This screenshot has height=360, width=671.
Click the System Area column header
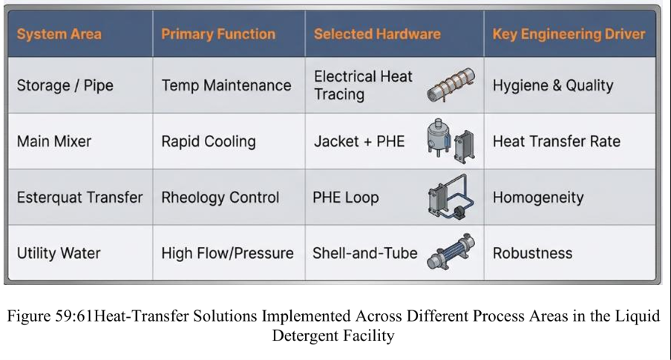[x=59, y=34]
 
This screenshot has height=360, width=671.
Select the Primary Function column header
[x=218, y=34]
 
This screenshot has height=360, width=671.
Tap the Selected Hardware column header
[x=377, y=34]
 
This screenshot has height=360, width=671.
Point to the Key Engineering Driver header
[x=569, y=34]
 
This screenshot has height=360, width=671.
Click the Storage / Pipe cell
[x=65, y=85]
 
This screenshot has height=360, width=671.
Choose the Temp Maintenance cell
[x=226, y=85]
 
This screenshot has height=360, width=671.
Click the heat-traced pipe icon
[x=451, y=85]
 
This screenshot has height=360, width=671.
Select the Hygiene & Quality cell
[x=553, y=85]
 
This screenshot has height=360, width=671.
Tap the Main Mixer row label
[x=54, y=142]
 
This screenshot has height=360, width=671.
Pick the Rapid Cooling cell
[x=209, y=142]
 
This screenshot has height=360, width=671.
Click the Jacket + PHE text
[x=359, y=142]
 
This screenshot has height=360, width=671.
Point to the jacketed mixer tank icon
[x=438, y=137]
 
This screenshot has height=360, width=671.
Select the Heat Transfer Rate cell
[x=556, y=142]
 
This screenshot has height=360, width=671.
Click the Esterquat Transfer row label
[x=79, y=197]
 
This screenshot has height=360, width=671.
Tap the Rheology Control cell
[x=220, y=197]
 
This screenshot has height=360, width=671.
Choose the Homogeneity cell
[x=538, y=197]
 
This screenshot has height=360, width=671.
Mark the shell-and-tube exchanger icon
[x=451, y=252]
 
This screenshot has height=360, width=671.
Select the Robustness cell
[x=532, y=253]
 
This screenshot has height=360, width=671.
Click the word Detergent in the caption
[x=301, y=336]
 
